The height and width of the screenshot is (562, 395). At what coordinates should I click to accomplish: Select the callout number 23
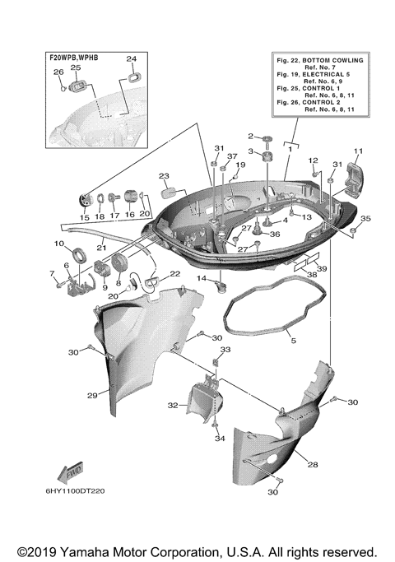tap(164, 176)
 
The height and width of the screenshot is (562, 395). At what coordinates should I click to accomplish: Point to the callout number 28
tap(312, 465)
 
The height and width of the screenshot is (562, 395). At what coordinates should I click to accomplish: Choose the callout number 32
tap(172, 405)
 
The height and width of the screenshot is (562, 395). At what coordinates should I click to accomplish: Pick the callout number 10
tap(59, 244)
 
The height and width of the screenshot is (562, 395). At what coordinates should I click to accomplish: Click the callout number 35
tap(365, 219)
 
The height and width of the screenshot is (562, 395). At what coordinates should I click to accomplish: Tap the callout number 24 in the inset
tap(131, 59)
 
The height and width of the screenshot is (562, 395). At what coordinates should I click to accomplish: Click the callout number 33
tap(225, 350)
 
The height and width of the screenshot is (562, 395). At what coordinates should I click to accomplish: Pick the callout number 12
tap(314, 160)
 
